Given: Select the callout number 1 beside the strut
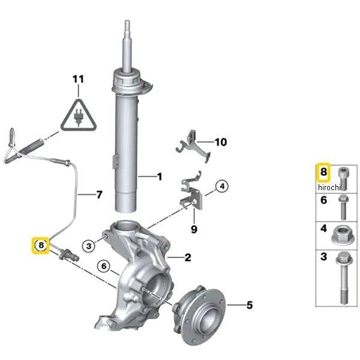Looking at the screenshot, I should click(x=159, y=176).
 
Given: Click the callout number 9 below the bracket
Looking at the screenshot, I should click(x=194, y=229).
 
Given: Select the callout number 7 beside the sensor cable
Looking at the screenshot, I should click(x=99, y=194).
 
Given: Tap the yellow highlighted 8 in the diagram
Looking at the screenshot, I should click(x=40, y=245).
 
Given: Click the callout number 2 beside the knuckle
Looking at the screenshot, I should click(x=188, y=258).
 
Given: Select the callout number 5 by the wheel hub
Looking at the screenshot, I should click(x=250, y=305).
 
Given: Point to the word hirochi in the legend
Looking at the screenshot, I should click(x=329, y=187).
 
